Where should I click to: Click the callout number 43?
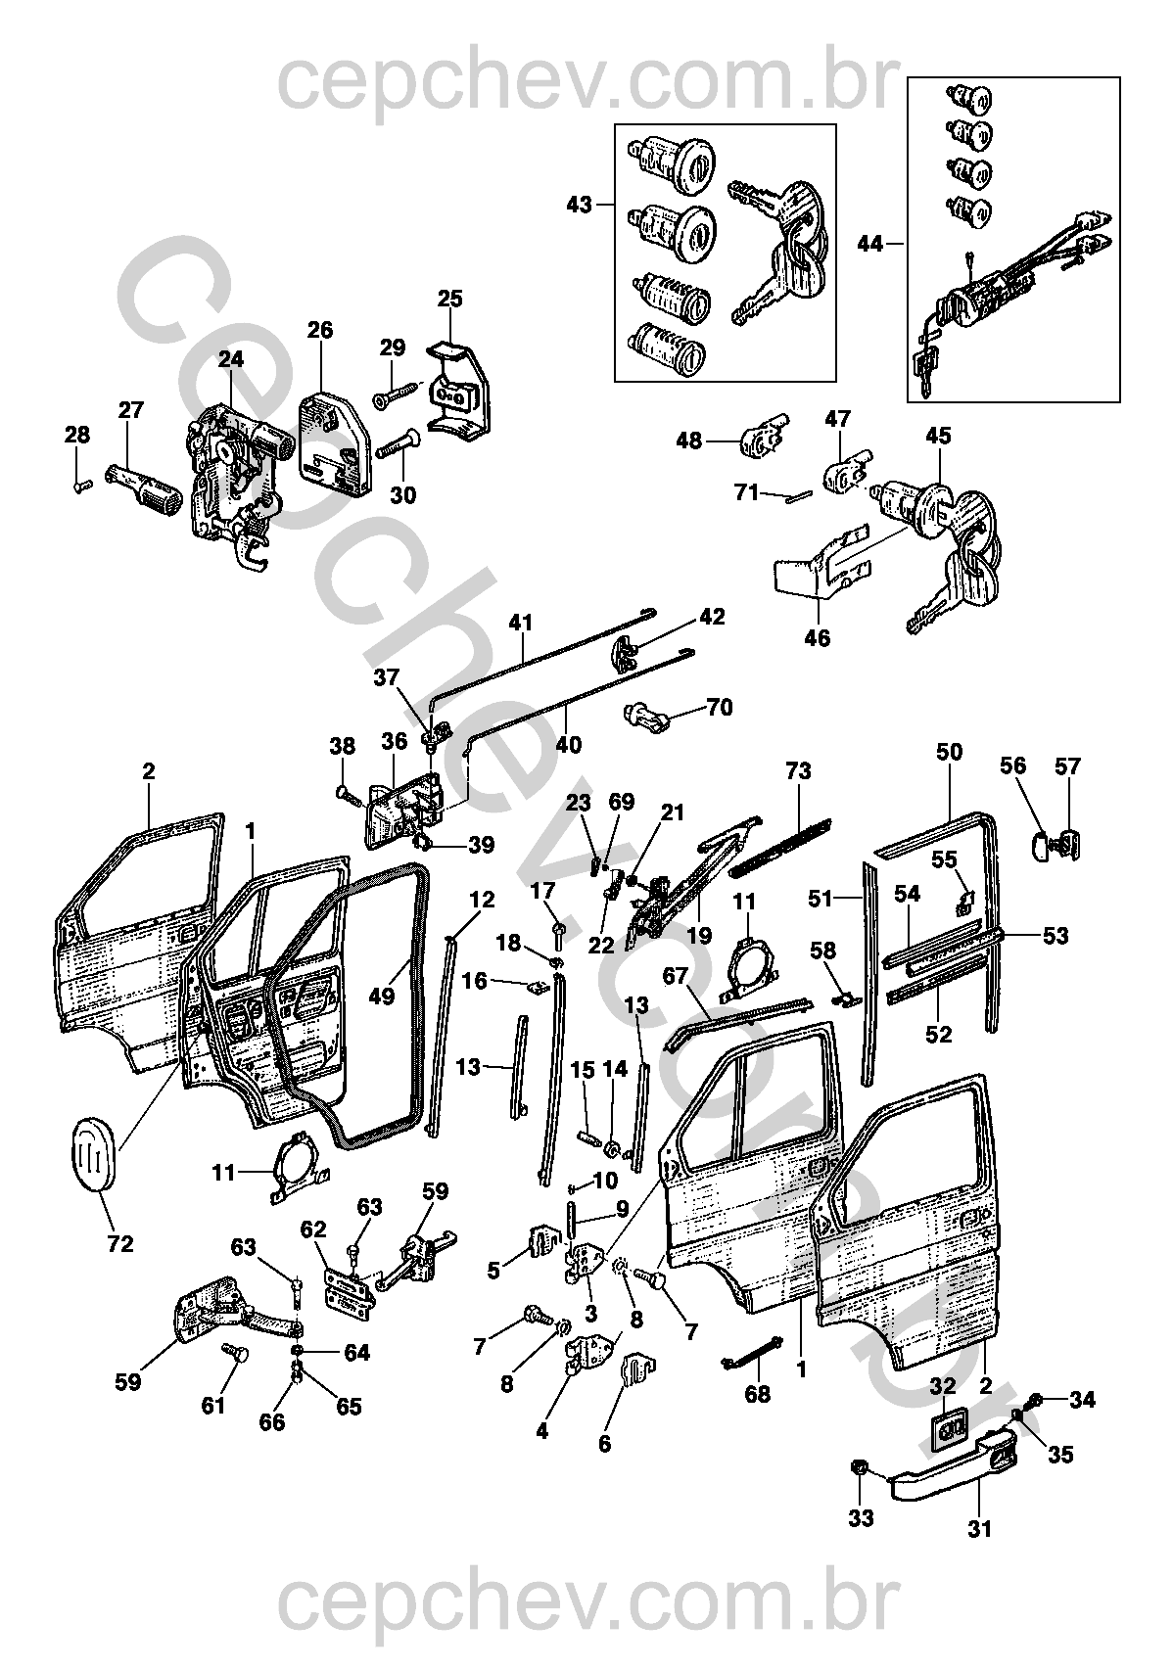(x=579, y=204)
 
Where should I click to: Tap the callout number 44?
(x=870, y=243)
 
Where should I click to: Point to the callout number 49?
(x=382, y=996)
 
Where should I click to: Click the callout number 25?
(x=449, y=299)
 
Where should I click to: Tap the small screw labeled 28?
(x=83, y=485)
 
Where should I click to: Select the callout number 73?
(x=798, y=770)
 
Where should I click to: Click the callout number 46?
(x=818, y=638)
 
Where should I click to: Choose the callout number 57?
(x=1067, y=765)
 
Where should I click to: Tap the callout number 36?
(x=395, y=741)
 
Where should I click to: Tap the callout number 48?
(x=689, y=441)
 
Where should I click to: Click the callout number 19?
(x=699, y=935)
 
